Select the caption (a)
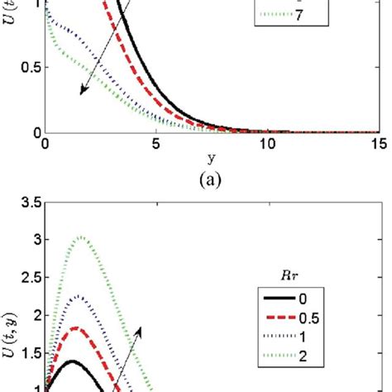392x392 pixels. click(x=211, y=176)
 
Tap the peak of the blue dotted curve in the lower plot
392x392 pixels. click(x=79, y=296)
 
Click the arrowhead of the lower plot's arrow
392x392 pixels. click(x=141, y=327)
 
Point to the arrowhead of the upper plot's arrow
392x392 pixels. click(x=81, y=94)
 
